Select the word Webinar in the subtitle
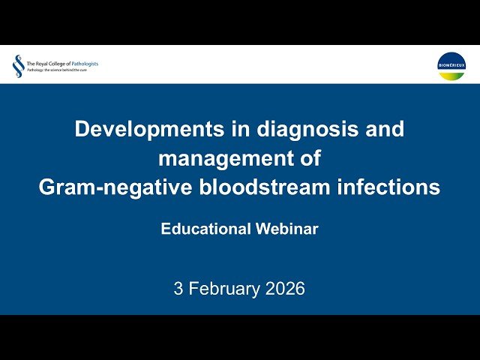286,229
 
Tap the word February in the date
224,289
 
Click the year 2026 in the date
285,289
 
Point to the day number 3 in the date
178,289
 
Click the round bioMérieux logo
451,65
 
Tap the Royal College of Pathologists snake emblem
17,65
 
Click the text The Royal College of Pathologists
62,64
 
